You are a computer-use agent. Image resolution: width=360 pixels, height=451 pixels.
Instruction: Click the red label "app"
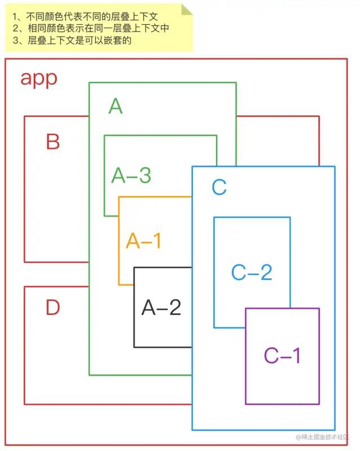pos(39,78)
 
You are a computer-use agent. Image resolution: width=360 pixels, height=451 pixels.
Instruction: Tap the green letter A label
pos(115,106)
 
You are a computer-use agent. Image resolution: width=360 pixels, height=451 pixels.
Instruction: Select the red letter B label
pos(53,142)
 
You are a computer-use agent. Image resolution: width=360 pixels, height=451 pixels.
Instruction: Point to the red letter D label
pos(53,308)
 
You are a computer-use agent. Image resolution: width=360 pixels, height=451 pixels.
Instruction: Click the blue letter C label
pos(219,187)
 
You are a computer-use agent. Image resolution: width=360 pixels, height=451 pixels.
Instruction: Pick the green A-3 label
pos(131,175)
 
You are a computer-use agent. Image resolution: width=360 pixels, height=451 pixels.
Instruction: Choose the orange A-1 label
pos(144,241)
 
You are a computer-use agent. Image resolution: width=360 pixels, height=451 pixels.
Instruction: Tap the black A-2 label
pos(161,307)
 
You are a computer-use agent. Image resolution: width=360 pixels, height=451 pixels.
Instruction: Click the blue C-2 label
pos(251,272)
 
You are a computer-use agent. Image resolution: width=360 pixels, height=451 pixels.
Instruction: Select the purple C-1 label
pos(282,355)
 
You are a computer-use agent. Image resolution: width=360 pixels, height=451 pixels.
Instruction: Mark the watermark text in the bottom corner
pos(323,436)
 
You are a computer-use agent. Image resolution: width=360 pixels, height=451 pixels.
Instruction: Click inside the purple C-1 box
pos(282,382)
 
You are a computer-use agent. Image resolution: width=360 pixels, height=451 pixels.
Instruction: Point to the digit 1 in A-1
pos(157,241)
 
